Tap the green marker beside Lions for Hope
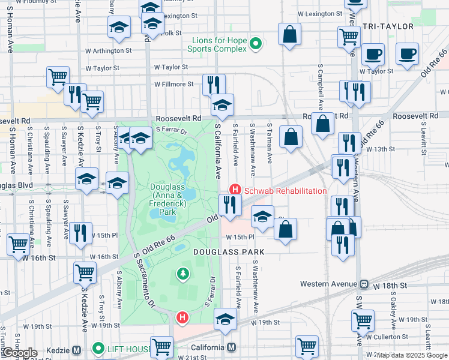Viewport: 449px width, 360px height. pyautogui.click(x=256, y=44)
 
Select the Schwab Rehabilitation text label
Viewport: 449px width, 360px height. pyautogui.click(x=285, y=191)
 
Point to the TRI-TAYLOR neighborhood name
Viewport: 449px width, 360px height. pyautogui.click(x=388, y=26)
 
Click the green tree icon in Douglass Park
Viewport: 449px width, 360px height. pyautogui.click(x=182, y=274)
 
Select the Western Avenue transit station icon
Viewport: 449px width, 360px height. pyautogui.click(x=364, y=284)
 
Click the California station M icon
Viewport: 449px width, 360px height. pyautogui.click(x=232, y=348)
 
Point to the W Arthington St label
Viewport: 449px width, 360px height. pyautogui.click(x=108, y=50)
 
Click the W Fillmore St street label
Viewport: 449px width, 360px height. pyautogui.click(x=174, y=85)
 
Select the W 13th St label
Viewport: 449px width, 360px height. pyautogui.click(x=380, y=148)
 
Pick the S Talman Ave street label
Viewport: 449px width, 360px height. pyautogui.click(x=270, y=148)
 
